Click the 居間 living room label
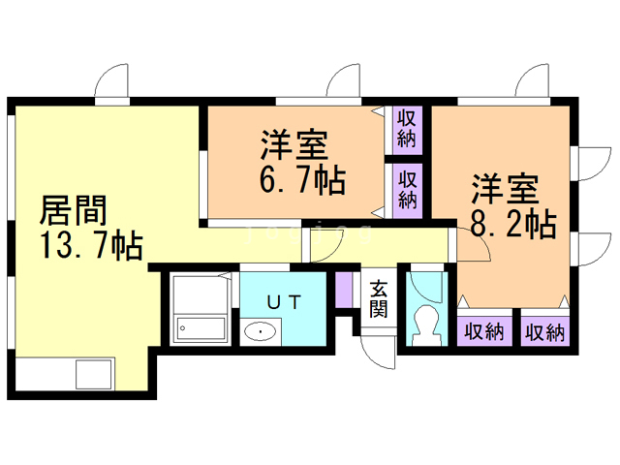coord(74,210)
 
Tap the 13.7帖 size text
coord(92,245)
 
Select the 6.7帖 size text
coord(302,179)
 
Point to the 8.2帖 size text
coord(513,224)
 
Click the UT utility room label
coord(284,302)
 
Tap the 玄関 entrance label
coord(379,299)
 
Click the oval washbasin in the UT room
coord(260,331)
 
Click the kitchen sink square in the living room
coord(94,374)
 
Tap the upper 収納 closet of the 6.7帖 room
coord(407,130)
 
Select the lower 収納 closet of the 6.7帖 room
coord(407,191)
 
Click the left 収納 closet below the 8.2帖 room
coord(484,331)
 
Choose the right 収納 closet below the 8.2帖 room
coord(544,331)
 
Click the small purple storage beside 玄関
coord(343,290)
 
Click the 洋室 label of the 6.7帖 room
coord(294,145)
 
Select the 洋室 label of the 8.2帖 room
coord(506,189)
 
